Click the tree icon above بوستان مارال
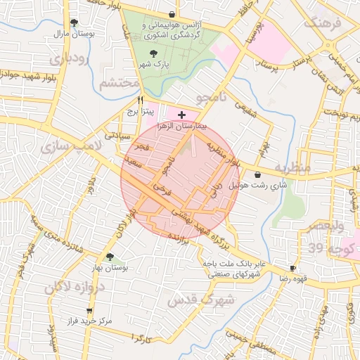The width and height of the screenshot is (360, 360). (74, 22)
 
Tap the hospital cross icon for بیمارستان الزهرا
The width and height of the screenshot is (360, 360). (182, 114)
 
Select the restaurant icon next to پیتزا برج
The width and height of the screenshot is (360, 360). (141, 100)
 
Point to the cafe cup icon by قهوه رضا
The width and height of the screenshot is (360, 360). (293, 269)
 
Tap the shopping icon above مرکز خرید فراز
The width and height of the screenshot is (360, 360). (89, 311)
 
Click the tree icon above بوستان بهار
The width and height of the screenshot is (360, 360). (109, 257)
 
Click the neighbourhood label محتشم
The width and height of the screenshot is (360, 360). (117, 84)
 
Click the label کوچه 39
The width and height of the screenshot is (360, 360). (325, 248)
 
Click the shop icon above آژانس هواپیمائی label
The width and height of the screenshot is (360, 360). (172, 14)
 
